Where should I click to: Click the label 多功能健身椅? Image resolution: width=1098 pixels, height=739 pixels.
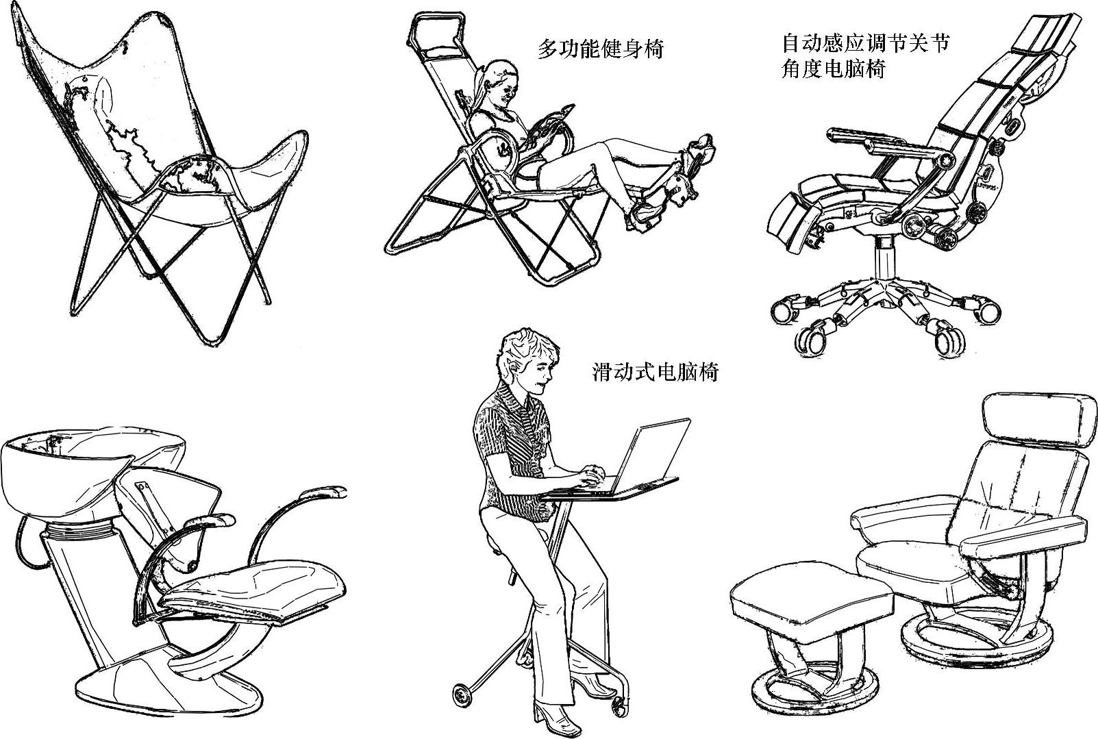600,49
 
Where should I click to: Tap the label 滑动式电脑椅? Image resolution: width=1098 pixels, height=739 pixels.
656,372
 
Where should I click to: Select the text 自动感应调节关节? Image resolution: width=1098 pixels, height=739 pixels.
865,42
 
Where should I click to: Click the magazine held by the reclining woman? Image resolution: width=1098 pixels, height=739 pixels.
551,125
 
